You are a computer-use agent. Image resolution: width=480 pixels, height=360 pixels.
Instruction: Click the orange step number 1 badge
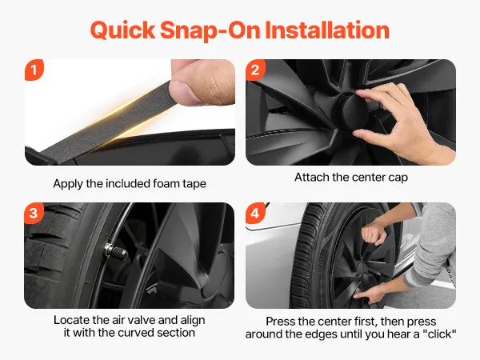click(x=34, y=70)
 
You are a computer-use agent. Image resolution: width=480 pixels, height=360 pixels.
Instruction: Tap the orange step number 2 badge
click(x=255, y=70)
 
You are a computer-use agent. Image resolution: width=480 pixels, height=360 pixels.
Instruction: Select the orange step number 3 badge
click(x=34, y=213)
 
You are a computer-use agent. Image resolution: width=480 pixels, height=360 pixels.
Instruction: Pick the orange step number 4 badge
click(x=255, y=213)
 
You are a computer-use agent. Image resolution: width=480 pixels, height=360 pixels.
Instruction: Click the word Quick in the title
click(x=122, y=30)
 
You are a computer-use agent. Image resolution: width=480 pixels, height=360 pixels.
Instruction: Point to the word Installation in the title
click(x=327, y=30)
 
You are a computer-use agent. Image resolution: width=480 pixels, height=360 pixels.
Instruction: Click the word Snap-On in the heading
click(x=210, y=30)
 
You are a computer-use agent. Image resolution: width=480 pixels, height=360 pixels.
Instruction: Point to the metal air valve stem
click(x=116, y=251)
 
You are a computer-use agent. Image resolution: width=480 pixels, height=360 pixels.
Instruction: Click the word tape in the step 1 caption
click(x=194, y=184)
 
